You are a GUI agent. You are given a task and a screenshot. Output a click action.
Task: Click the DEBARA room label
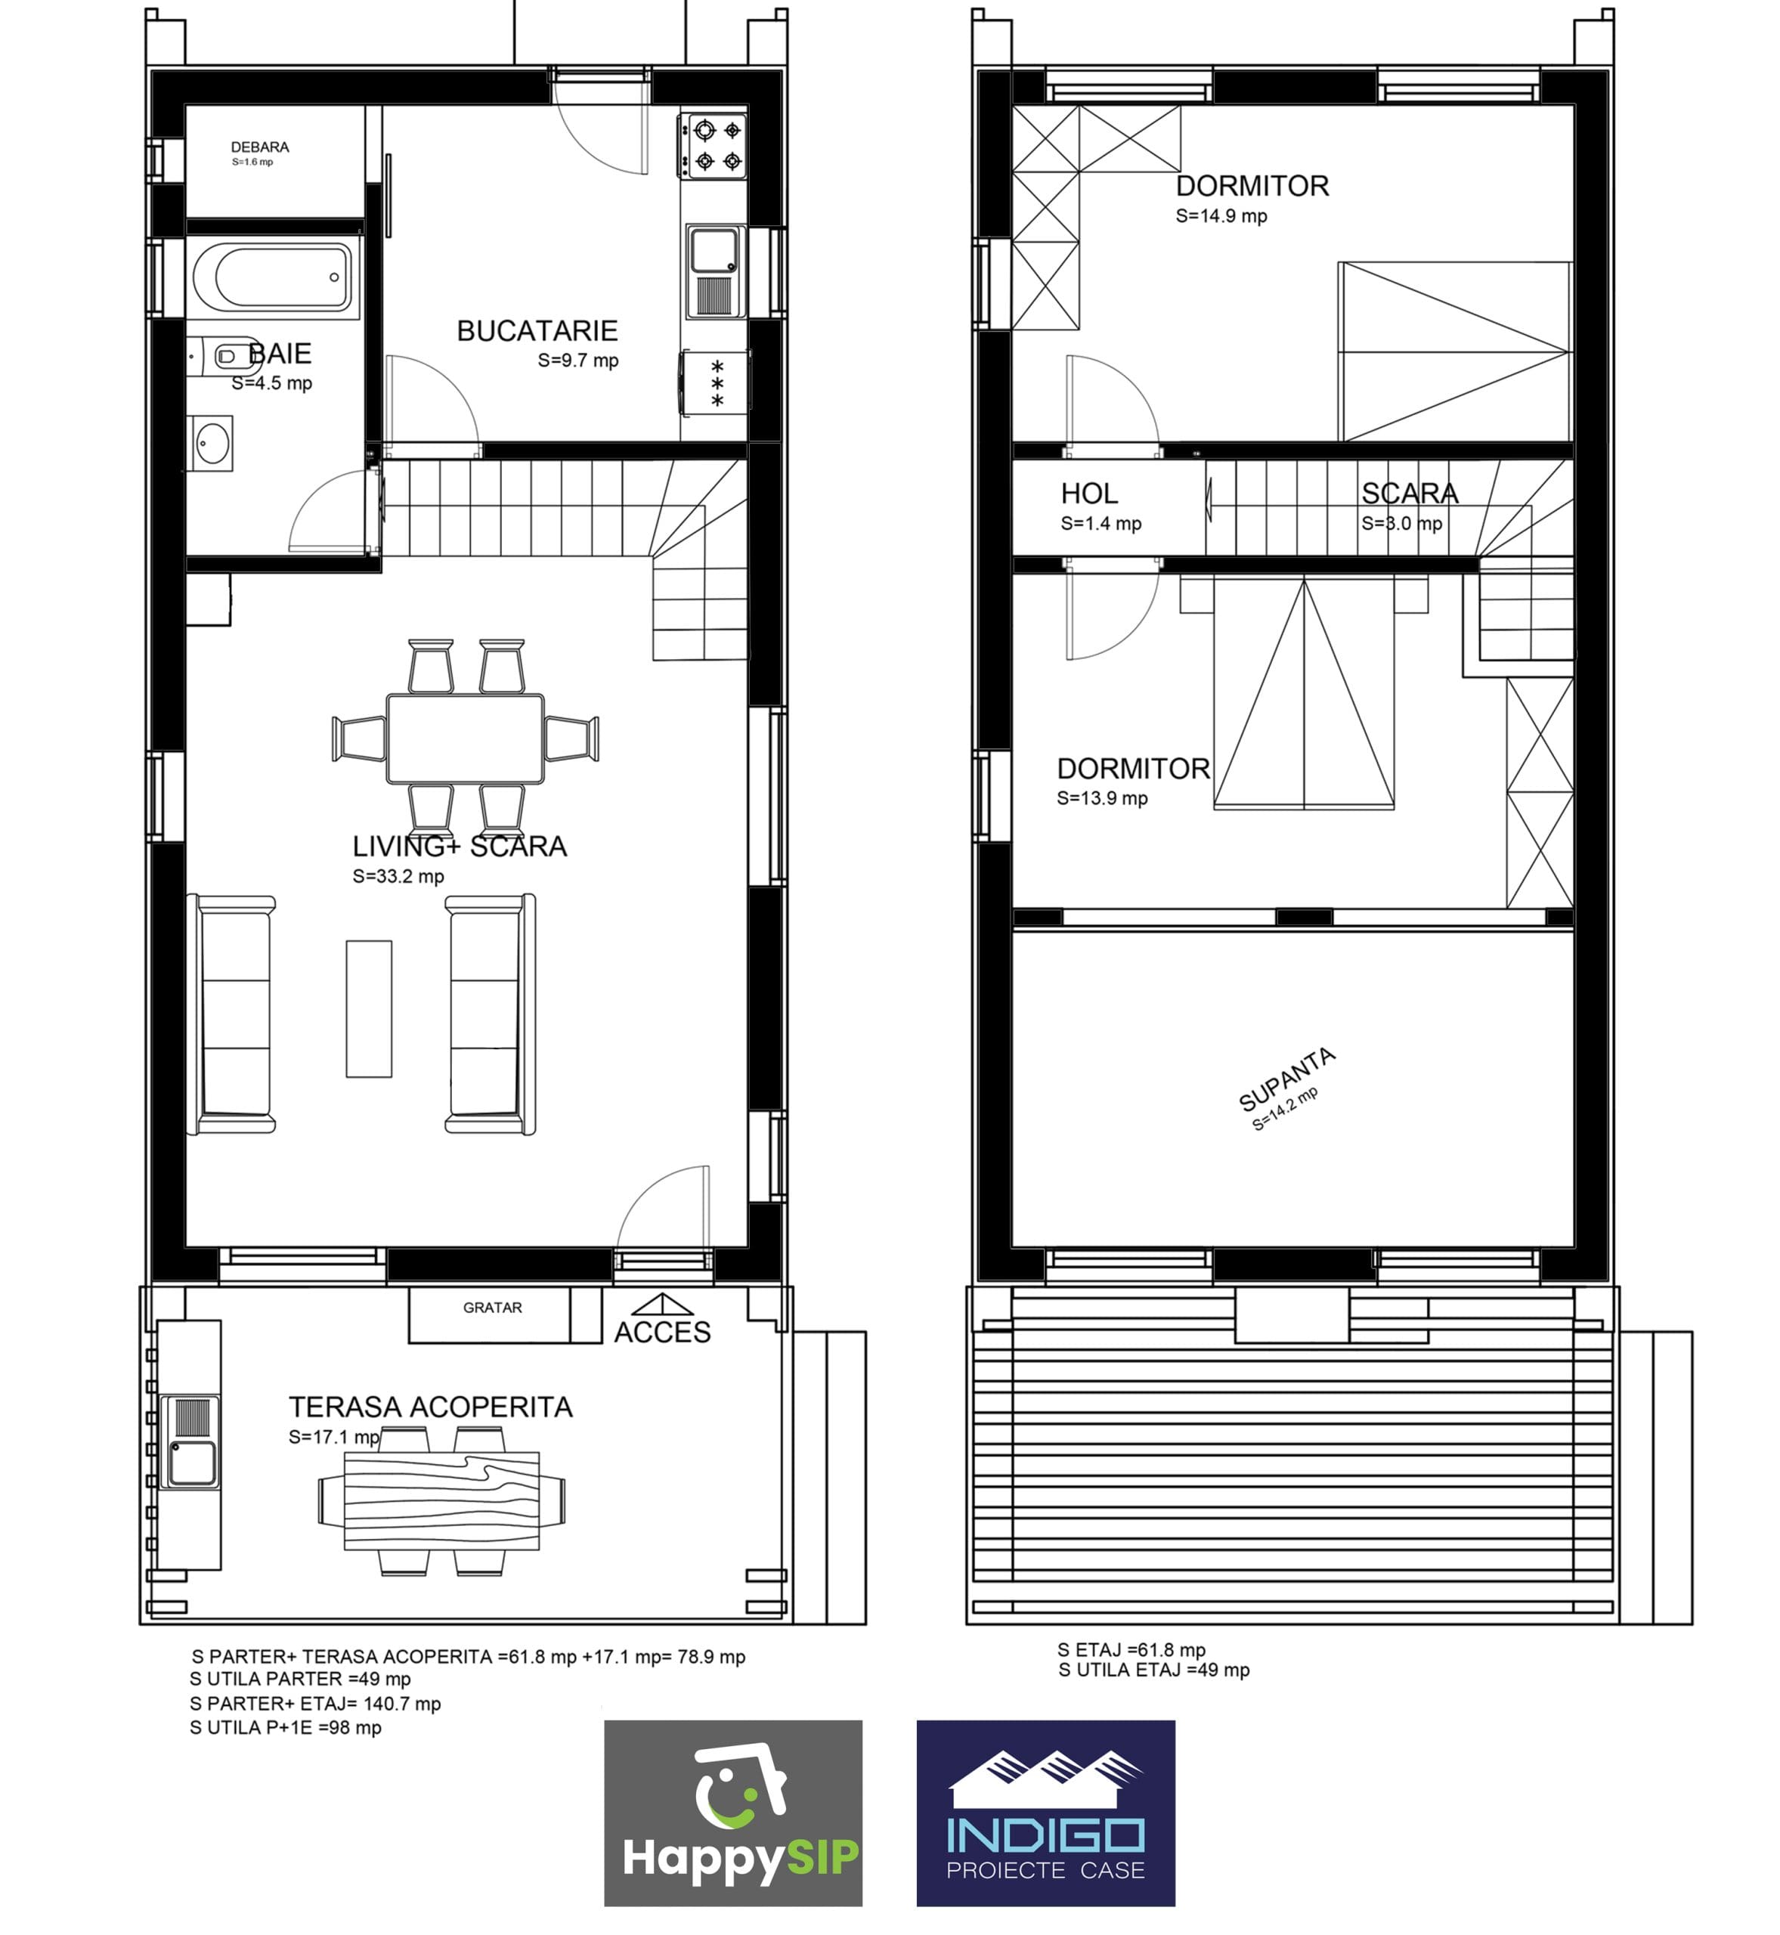click(260, 147)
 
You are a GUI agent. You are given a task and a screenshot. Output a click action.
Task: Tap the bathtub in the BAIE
click(274, 277)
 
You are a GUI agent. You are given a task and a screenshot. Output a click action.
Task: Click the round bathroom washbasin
click(210, 444)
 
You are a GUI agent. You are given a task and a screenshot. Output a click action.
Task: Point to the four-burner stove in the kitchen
click(714, 145)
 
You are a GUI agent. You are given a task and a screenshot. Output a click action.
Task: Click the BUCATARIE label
click(537, 331)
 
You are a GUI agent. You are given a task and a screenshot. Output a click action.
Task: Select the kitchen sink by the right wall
click(715, 271)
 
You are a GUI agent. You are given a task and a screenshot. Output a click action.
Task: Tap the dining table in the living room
click(466, 738)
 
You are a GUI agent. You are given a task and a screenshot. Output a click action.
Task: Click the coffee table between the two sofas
click(369, 1008)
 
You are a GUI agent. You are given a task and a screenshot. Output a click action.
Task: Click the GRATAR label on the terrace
click(492, 1308)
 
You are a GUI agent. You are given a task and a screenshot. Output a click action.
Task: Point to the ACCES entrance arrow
click(663, 1305)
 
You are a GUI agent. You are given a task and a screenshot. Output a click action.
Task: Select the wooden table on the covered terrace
click(442, 1500)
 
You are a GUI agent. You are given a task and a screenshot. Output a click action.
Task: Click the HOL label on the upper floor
click(1089, 494)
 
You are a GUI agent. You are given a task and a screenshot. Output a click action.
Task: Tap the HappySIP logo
click(733, 1813)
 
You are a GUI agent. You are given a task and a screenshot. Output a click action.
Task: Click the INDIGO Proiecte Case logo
click(1046, 1813)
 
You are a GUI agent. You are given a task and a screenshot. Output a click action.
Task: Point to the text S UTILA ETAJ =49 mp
click(1154, 1670)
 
